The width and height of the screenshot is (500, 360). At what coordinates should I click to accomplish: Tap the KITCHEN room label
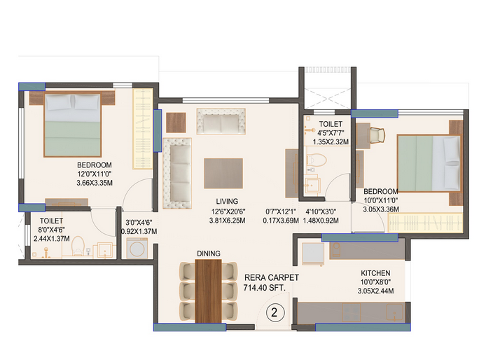click(375, 273)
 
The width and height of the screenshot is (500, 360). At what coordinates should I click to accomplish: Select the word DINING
click(209, 253)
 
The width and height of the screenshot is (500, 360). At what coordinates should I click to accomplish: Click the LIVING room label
click(227, 201)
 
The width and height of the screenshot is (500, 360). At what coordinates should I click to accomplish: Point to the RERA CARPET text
click(271, 277)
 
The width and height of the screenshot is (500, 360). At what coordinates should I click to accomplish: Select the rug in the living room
click(223, 173)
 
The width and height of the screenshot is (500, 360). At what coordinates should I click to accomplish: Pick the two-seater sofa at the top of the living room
click(221, 123)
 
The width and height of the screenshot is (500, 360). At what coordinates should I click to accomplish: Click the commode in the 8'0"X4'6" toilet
click(78, 247)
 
